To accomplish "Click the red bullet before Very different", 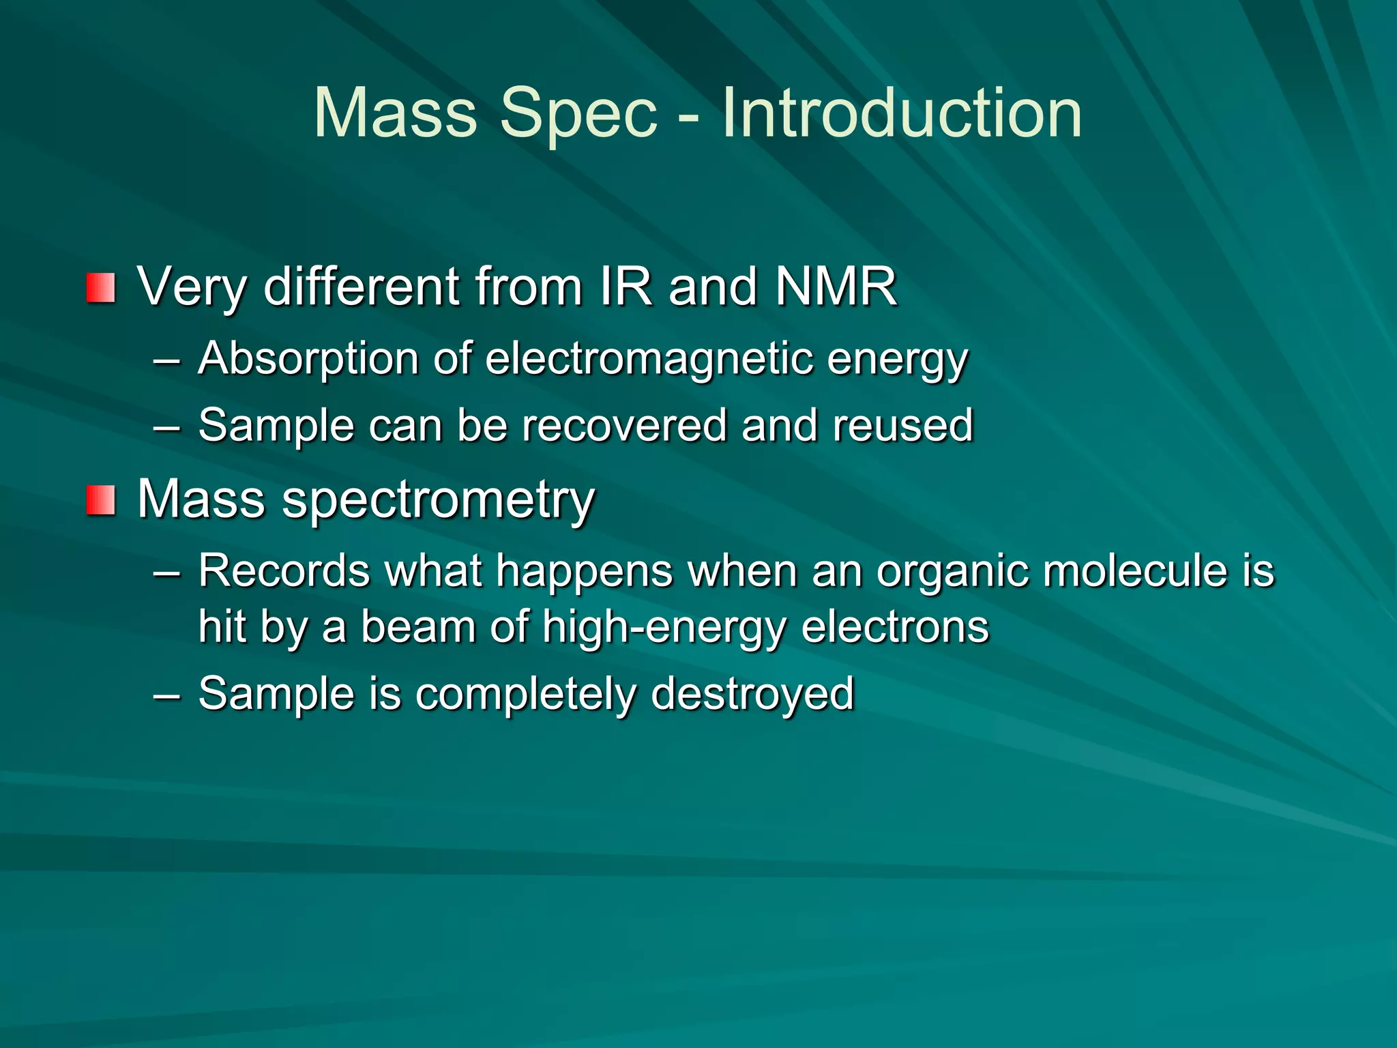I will [100, 288].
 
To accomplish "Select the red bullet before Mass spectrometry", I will [100, 501].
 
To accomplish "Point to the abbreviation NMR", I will [836, 287].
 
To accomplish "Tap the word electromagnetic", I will [649, 359].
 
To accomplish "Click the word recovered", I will [625, 426].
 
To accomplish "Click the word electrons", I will [895, 628].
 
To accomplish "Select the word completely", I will [525, 695].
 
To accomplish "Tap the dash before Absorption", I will [167, 360].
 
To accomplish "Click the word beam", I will [417, 628].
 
